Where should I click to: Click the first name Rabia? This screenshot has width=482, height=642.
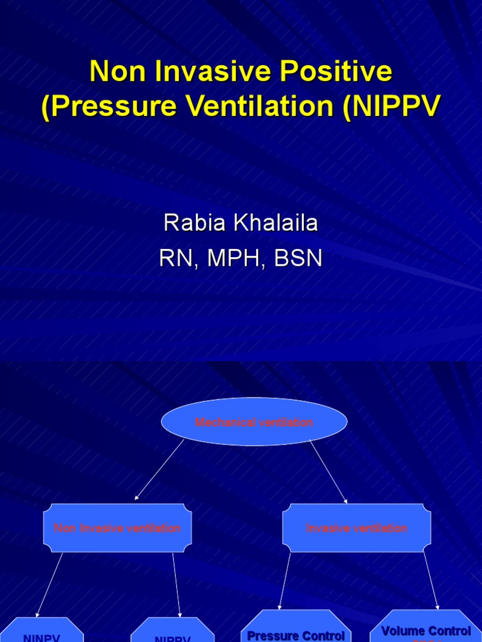[x=191, y=223]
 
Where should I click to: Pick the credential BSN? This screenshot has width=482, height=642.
[x=297, y=258]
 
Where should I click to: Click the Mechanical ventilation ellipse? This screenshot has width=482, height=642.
[x=254, y=422]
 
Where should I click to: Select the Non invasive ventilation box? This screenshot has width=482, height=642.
[x=117, y=528]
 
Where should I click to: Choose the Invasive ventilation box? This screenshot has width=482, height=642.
[x=356, y=528]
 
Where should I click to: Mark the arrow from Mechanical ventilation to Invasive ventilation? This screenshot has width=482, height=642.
[x=328, y=471]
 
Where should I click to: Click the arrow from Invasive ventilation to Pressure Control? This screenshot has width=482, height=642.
[x=285, y=581]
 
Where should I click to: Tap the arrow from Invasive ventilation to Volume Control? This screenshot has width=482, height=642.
[x=431, y=581]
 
